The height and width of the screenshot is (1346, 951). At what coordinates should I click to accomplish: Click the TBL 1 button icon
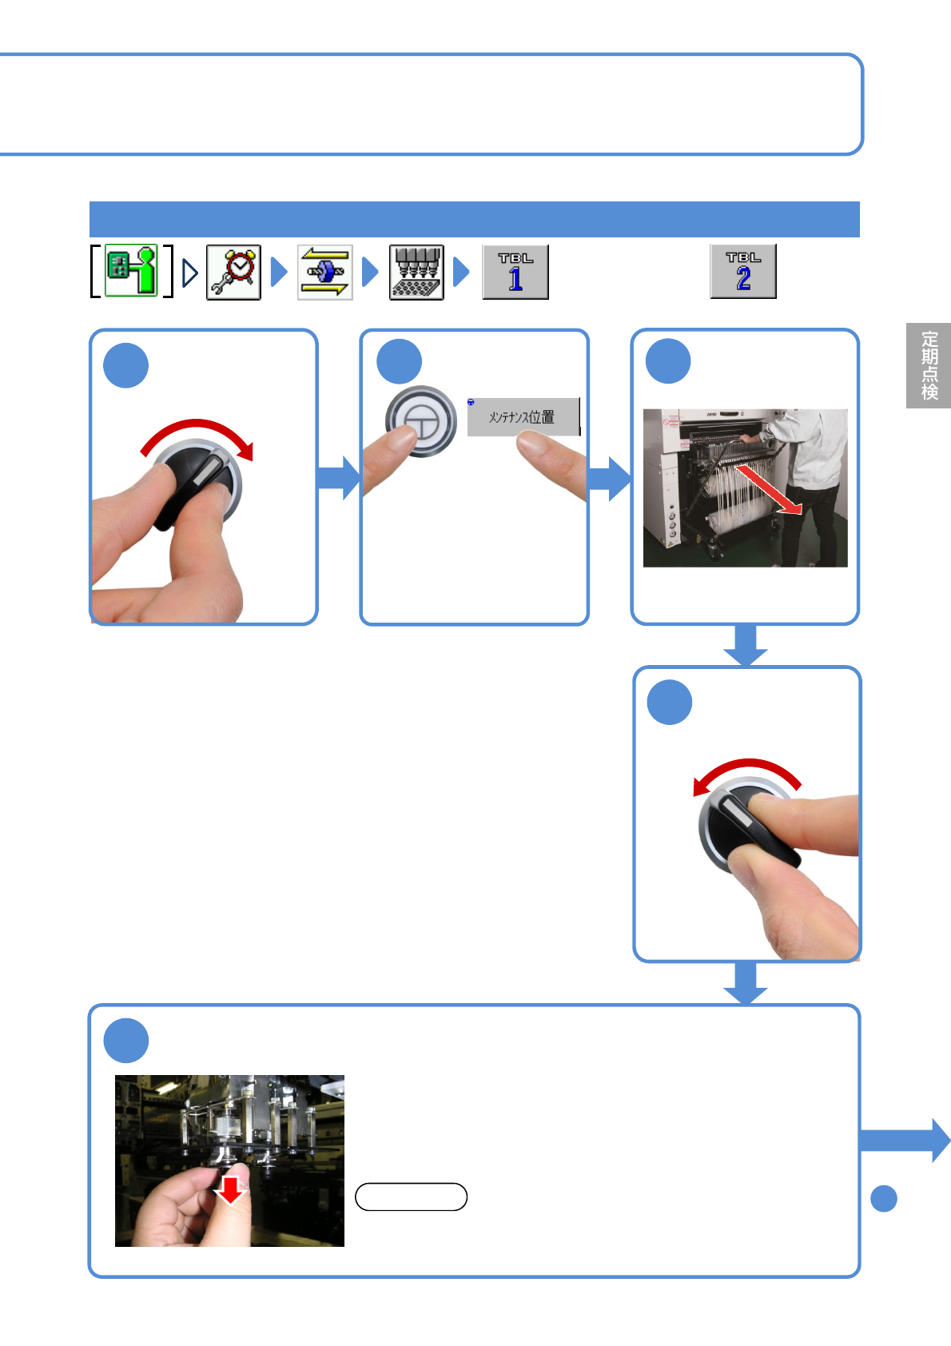(515, 273)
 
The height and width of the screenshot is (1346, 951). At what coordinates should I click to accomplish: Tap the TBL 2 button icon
(743, 272)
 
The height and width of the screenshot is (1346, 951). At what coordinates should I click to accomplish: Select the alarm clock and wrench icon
(233, 273)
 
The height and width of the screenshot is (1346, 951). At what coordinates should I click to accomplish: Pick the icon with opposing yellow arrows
(325, 273)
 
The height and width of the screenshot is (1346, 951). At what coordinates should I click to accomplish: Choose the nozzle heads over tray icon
(416, 273)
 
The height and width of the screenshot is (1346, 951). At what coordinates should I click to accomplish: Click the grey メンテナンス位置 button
(523, 416)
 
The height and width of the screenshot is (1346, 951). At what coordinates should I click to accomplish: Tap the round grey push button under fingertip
(422, 420)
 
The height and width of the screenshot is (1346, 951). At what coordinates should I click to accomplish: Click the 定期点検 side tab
(929, 365)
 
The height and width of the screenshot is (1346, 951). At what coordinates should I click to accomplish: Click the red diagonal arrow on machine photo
(768, 490)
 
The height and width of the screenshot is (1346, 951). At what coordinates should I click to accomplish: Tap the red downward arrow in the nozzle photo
(230, 1189)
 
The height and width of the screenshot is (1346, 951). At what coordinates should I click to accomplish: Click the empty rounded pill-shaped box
(411, 1197)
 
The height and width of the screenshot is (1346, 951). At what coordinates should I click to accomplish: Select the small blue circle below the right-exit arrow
(884, 1198)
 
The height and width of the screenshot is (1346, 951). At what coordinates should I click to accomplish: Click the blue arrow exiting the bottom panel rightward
(905, 1140)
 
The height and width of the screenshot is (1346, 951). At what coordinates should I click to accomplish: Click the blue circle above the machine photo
(668, 361)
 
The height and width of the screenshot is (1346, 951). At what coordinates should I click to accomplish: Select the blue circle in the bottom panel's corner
(126, 1041)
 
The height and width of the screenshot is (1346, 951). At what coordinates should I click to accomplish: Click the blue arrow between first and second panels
(339, 478)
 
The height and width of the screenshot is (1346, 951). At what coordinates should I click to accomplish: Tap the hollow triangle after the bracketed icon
(189, 273)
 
